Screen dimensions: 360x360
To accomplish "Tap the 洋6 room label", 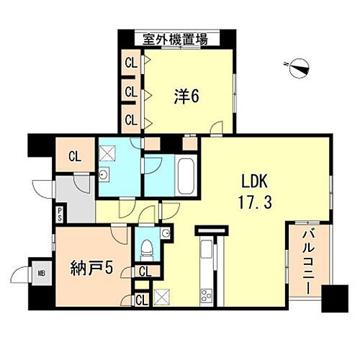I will (186, 95).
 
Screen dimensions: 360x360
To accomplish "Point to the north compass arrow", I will (298, 68).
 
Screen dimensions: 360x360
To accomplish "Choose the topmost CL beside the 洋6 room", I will (131, 63).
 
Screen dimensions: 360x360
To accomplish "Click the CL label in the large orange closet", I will (75, 156).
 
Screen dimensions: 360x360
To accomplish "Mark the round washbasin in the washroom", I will (106, 174).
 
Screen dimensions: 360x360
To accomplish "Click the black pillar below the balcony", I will (333, 298).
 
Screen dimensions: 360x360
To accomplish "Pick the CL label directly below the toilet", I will (144, 271).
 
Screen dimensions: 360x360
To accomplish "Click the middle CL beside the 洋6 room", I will (131, 91).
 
